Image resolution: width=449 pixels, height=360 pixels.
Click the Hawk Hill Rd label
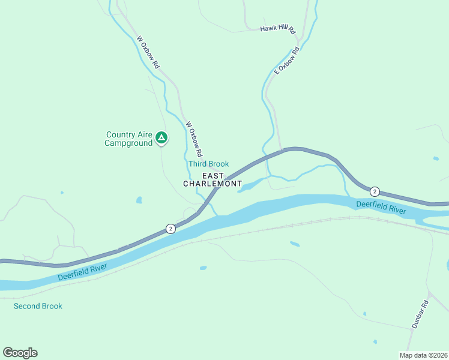278,29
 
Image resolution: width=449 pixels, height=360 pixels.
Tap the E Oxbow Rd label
286,61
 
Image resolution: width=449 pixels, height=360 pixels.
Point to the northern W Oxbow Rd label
148,52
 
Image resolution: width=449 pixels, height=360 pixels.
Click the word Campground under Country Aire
128,143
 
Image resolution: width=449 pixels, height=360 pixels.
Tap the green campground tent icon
161,138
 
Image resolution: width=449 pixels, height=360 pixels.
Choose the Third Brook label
208,164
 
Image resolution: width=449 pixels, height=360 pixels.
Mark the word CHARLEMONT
212,183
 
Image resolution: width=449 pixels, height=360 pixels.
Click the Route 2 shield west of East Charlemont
170,229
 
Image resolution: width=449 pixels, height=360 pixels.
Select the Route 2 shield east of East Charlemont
375,191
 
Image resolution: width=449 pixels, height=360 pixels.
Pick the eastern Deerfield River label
381,207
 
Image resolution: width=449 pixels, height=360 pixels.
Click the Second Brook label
38,306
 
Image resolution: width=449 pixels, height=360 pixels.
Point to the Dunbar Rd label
420,313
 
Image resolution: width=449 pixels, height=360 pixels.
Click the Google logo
20,353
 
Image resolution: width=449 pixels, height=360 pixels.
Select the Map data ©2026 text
423,355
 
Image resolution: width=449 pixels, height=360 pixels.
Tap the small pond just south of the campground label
139,200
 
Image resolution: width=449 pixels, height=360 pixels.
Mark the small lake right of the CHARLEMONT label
249,187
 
